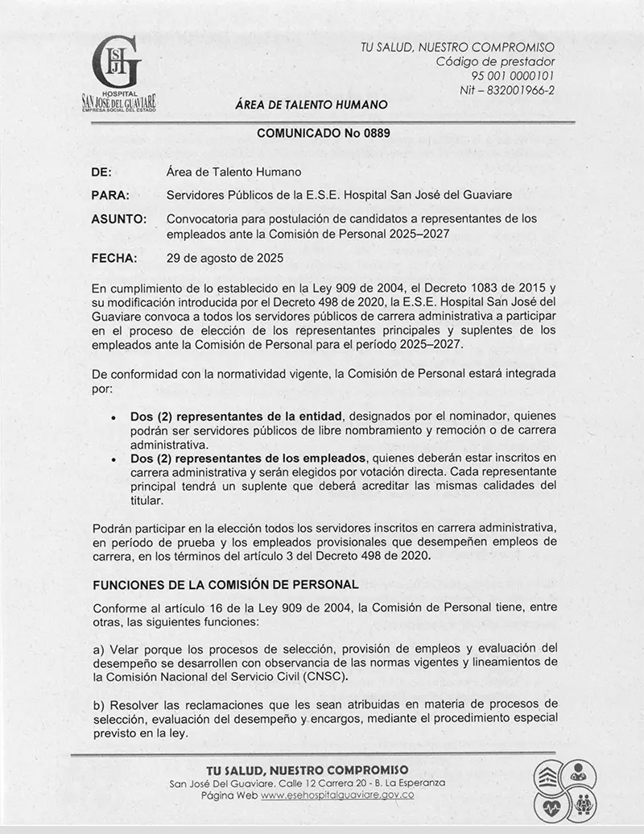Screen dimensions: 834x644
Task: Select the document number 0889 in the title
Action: [374, 133]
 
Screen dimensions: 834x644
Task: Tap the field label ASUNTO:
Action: [119, 219]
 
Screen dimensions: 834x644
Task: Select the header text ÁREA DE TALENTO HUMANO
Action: [312, 105]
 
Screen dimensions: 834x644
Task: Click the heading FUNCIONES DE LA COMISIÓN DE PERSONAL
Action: [225, 583]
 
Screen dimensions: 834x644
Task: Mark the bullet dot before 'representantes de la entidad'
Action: [114, 417]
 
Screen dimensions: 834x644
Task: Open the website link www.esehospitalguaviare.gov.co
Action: [337, 795]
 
